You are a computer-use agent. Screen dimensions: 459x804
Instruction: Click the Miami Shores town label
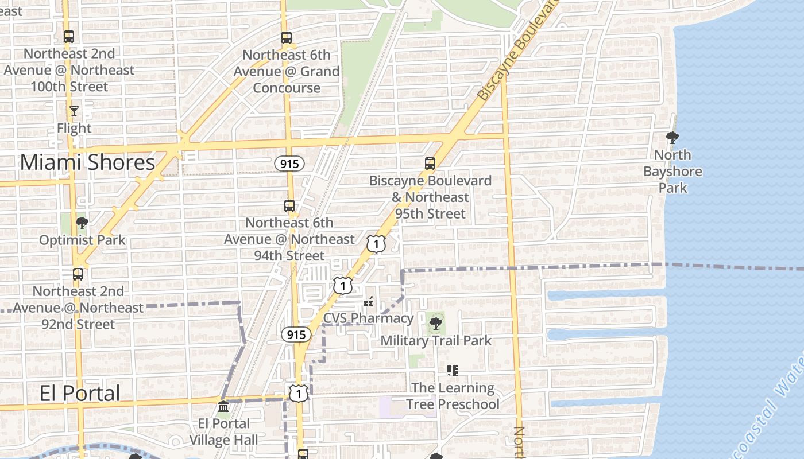pos(87,162)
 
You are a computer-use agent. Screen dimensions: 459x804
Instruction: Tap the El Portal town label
pos(80,393)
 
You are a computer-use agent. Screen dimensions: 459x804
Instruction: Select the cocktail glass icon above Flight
pos(74,111)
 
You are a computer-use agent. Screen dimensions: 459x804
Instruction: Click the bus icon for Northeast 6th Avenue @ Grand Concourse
pos(287,38)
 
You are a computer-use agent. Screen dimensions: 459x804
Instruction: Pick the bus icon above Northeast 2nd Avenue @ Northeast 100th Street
pos(69,37)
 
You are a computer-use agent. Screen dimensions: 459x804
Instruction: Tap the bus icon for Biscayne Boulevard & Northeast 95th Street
pos(430,164)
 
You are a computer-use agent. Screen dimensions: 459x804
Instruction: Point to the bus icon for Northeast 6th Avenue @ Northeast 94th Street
pos(289,205)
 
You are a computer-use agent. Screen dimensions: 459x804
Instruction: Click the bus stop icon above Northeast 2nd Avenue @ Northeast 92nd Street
pos(78,274)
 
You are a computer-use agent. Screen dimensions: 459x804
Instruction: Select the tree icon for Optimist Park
pos(82,223)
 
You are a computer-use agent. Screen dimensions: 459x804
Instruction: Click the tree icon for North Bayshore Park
pos(672,138)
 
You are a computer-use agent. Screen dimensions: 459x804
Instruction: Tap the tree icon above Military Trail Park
pos(436,324)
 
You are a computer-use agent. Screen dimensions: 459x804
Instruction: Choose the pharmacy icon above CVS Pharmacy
pos(368,301)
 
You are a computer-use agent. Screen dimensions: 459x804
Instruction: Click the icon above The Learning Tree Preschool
pos(453,371)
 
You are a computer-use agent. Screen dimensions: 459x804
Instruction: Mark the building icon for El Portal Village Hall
pos(223,407)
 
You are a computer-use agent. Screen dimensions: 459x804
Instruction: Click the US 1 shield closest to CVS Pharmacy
pos(342,285)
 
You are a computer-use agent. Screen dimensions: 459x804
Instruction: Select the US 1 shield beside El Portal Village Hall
pos(299,393)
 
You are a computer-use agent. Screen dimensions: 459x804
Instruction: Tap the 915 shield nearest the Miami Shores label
pos(289,164)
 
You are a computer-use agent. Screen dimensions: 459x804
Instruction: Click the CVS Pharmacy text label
pos(368,318)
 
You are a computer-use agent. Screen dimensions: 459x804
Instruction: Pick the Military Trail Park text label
pos(436,340)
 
